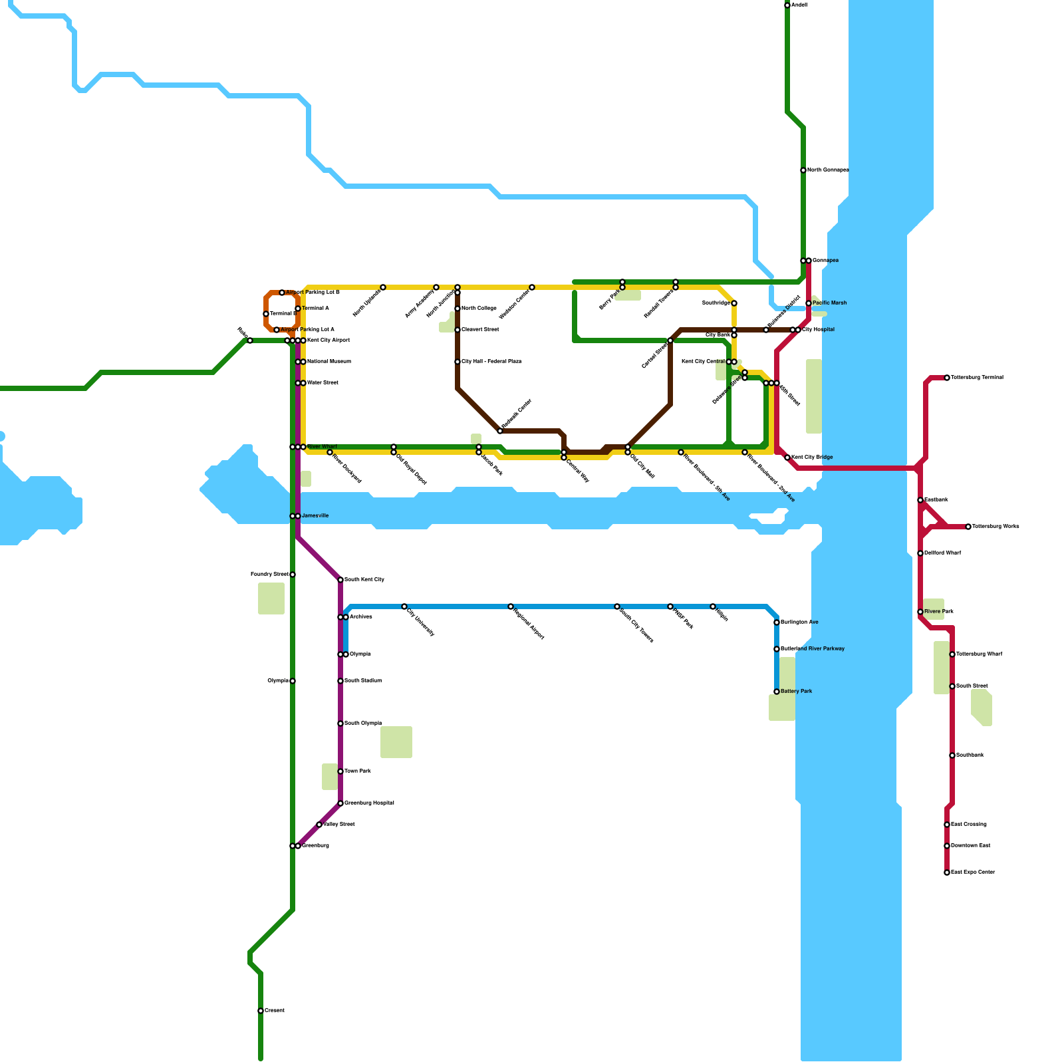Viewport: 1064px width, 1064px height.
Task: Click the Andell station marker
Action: (x=787, y=5)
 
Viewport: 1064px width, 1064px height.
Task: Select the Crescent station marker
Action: (x=261, y=1011)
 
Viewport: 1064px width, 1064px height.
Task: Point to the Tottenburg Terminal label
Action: (x=977, y=378)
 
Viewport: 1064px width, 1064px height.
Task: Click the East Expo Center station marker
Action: (x=947, y=872)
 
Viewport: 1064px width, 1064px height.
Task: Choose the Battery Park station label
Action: (x=796, y=692)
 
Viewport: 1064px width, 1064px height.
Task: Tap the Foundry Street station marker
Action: (x=293, y=575)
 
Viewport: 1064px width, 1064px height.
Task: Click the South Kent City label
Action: (x=364, y=580)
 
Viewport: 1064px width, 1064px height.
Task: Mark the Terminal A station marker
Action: (x=298, y=309)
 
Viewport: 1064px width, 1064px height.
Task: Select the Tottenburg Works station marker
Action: (x=968, y=527)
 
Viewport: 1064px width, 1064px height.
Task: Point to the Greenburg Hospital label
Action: (x=369, y=803)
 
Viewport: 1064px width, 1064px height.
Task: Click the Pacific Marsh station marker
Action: (x=809, y=303)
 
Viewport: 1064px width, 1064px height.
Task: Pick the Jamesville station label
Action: (x=315, y=516)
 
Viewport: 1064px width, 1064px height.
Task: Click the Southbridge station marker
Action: (x=734, y=303)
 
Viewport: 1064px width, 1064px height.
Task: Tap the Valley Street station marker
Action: (x=319, y=825)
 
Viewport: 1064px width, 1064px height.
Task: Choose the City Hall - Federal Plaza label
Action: (x=491, y=362)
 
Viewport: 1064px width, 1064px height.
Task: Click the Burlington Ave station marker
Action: (x=777, y=622)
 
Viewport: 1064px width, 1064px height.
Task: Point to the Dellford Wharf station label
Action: (x=942, y=553)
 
